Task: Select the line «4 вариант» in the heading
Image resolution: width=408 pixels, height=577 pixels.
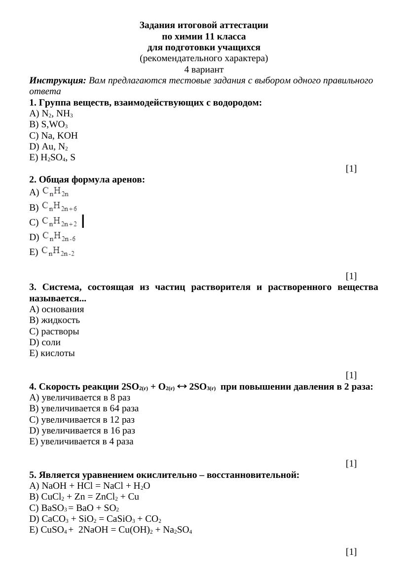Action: [204, 70]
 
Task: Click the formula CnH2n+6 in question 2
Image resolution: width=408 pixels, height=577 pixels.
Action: [59, 207]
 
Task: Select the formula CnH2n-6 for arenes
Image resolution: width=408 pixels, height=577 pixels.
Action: [59, 237]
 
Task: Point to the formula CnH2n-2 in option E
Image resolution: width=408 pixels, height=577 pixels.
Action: [58, 252]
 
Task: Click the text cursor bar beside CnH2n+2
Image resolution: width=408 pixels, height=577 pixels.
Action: [83, 221]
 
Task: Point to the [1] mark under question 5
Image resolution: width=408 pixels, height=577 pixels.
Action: [351, 551]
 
